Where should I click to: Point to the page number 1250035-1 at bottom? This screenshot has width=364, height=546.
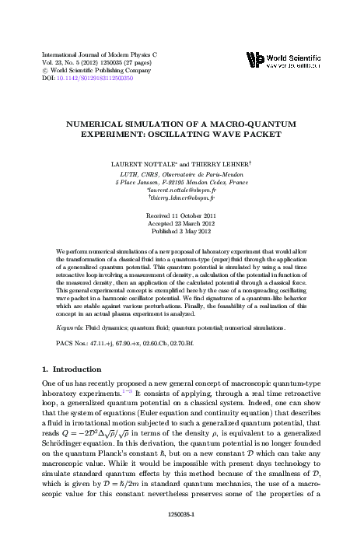click(181, 514)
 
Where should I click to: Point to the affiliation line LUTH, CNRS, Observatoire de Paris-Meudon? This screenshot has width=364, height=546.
click(181, 174)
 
